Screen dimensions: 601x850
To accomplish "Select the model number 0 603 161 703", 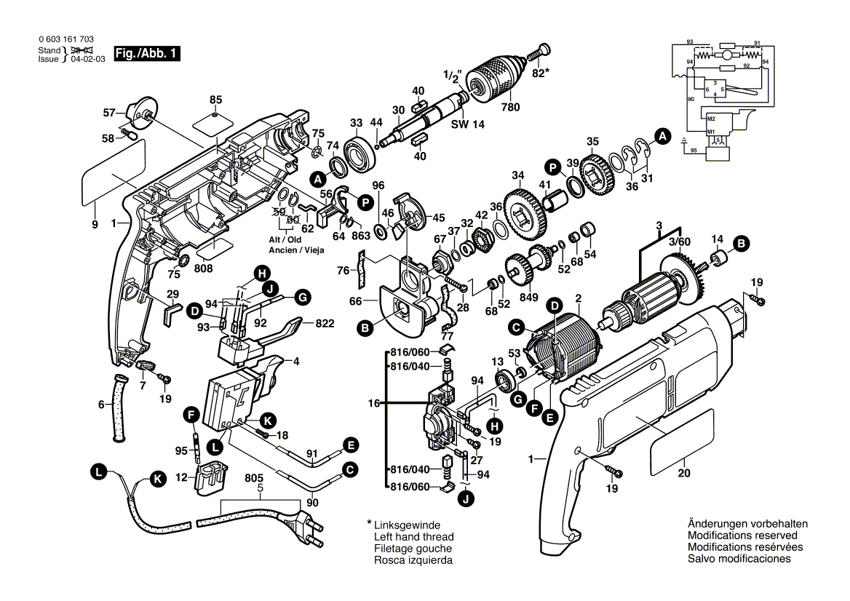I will [x=65, y=39].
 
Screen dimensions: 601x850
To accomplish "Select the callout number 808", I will [x=204, y=268].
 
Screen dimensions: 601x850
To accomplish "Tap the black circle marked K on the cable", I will [x=157, y=478].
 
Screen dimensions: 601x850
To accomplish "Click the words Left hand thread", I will [x=412, y=536].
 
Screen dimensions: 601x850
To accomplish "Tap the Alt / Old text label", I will [x=285, y=239].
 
